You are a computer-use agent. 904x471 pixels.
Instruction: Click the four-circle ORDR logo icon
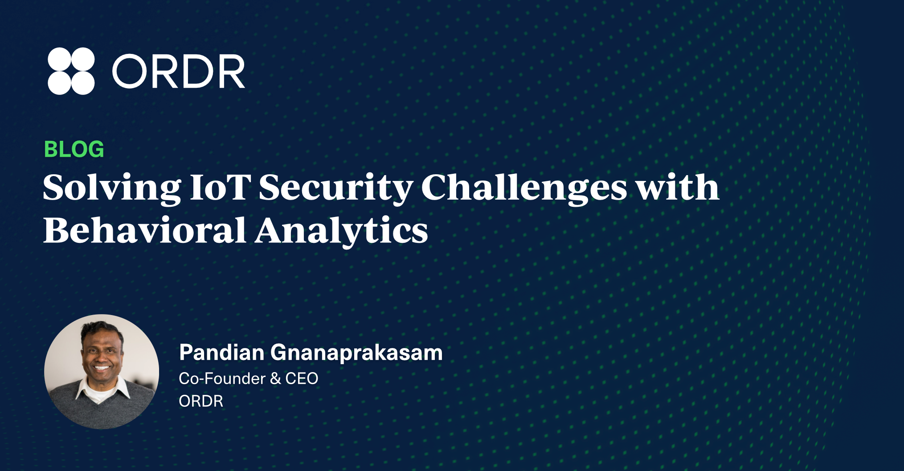click(x=71, y=71)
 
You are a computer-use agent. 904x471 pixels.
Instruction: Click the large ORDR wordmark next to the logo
click(x=179, y=71)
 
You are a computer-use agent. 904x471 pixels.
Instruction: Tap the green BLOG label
click(x=74, y=149)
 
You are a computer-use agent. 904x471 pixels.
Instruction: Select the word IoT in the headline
click(x=220, y=187)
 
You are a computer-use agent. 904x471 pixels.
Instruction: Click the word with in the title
click(x=677, y=187)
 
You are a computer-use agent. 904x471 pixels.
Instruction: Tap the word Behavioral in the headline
click(x=145, y=230)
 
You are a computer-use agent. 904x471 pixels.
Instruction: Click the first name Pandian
click(x=222, y=352)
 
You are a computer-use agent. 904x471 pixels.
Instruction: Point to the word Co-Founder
click(x=222, y=379)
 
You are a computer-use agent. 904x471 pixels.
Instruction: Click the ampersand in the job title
click(x=275, y=379)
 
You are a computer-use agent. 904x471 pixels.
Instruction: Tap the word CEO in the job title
click(x=302, y=379)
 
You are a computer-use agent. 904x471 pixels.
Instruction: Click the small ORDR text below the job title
click(x=201, y=401)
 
